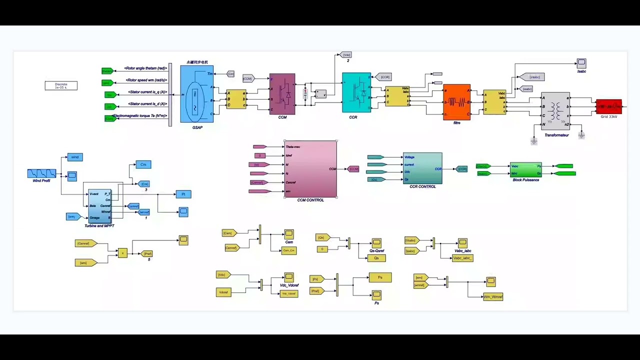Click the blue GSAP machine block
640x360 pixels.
[196, 94]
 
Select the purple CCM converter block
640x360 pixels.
[282, 94]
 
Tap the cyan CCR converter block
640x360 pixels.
[356, 92]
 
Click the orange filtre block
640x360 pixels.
[456, 102]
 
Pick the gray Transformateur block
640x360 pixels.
[555, 110]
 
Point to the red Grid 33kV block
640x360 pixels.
[608, 106]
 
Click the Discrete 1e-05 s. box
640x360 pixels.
[61, 85]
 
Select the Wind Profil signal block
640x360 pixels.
[41, 173]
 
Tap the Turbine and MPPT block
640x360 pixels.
[99, 206]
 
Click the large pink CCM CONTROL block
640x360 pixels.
[310, 169]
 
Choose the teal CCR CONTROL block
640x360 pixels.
[422, 168]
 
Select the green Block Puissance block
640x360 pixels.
[525, 169]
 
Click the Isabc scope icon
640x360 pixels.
[581, 63]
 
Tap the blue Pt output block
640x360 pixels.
[183, 194]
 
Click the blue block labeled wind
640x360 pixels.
[74, 157]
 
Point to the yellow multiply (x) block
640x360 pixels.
[122, 253]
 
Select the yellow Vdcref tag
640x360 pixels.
[223, 292]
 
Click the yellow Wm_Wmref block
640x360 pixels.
[493, 296]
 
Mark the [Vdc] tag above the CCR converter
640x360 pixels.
[345, 54]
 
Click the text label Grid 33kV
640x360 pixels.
[608, 116]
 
